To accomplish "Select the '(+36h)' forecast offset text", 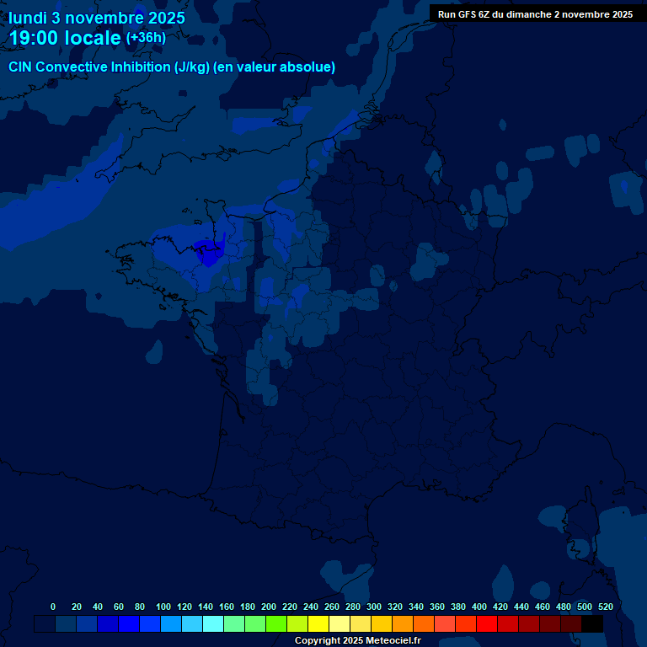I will click(x=146, y=38).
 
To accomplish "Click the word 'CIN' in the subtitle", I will click(x=21, y=67).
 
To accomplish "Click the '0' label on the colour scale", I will click(x=53, y=607).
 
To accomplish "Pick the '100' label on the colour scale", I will click(x=163, y=607).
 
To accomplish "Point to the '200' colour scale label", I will click(x=269, y=607).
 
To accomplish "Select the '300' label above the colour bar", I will click(x=374, y=607).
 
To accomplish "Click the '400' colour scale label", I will click(x=479, y=607).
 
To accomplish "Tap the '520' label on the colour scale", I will click(x=605, y=607).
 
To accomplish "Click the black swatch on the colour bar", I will click(x=592, y=623).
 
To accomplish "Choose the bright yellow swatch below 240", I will click(x=318, y=623).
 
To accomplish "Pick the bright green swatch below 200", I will click(x=276, y=623).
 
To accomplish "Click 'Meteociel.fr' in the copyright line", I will click(x=393, y=640).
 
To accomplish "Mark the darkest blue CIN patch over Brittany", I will click(x=206, y=248).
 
